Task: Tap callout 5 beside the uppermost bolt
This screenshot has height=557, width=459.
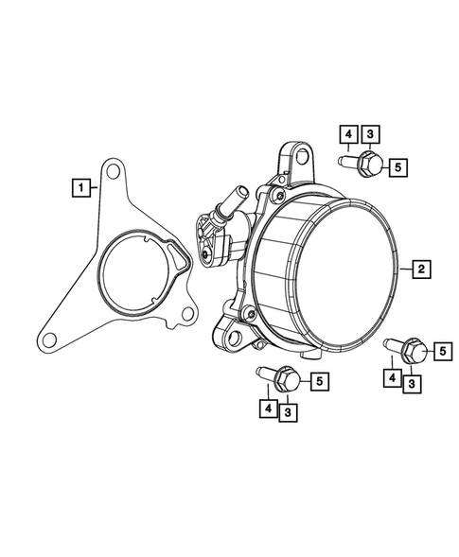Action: point(398,167)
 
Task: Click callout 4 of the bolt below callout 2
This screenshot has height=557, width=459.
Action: point(389,377)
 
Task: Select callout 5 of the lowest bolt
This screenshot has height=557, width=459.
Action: point(321,381)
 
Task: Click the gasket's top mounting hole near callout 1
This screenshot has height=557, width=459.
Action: point(115,171)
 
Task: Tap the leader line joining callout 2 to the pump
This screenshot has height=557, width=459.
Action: point(406,269)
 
